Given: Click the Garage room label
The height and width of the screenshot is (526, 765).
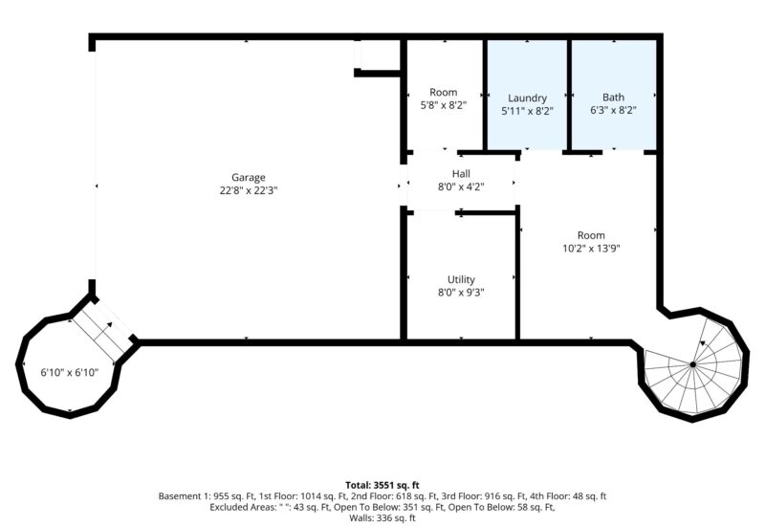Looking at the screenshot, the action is (249, 178).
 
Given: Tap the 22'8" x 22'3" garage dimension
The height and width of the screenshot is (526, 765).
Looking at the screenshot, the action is (249, 190).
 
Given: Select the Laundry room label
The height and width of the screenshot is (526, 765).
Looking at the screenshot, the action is (528, 99).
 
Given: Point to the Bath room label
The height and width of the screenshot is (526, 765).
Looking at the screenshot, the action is (613, 98).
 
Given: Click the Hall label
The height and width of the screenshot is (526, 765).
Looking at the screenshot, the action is (461, 174).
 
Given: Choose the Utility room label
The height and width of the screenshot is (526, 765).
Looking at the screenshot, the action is (461, 279).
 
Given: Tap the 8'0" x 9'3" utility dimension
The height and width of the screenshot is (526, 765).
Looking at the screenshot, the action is (461, 293).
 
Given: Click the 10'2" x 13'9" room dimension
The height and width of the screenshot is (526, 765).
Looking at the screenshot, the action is (591, 249).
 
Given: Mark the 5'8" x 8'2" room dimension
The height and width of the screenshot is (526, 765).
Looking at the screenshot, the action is (444, 105).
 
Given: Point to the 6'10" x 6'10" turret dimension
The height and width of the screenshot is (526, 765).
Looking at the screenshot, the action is (69, 373).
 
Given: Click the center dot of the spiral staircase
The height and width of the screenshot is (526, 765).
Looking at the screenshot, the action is (692, 364).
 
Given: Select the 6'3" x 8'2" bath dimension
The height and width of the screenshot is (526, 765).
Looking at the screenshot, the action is (613, 110).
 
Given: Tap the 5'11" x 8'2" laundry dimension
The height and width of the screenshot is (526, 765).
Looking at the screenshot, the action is (528, 111).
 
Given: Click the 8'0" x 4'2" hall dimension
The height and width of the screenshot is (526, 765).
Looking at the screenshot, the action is (461, 186).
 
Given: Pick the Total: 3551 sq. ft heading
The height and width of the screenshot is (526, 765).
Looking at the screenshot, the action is (382, 485).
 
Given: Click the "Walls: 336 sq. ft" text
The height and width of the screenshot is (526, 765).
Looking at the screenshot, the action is (382, 518).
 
